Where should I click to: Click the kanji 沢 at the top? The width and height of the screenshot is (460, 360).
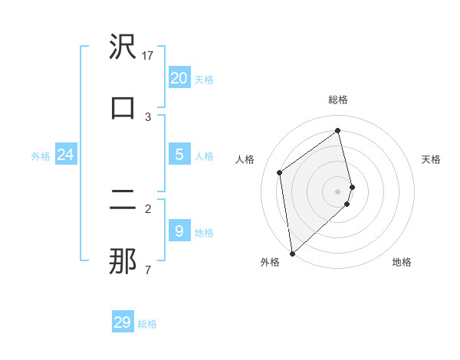coord(123,47)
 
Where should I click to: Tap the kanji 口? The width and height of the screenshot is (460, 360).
coord(123,107)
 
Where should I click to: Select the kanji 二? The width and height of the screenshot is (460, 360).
coord(123,201)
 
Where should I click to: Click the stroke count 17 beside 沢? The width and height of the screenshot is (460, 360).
coord(148,55)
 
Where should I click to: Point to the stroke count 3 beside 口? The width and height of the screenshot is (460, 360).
coord(148,116)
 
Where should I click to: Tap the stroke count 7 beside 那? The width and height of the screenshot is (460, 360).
coord(148,270)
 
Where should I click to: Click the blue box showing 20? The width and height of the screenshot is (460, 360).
coord(179,77)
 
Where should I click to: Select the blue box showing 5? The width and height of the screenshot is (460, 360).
coord(179,154)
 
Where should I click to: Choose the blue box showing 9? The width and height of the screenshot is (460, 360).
coord(179,231)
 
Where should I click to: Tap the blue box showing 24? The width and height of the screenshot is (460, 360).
coord(65,155)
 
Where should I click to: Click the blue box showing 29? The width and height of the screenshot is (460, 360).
coord(123,322)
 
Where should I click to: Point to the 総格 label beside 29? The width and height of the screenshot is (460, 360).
coord(147,324)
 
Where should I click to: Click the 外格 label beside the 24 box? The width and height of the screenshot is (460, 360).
coord(41,156)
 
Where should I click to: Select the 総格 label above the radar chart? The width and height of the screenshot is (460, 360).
coord(338,100)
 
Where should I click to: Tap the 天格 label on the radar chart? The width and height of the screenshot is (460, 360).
coord(432,159)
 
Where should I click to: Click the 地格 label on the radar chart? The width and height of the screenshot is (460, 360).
coord(402,262)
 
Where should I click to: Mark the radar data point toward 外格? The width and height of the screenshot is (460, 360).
coord(292,253)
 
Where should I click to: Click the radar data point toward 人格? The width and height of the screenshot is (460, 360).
coord(280,172)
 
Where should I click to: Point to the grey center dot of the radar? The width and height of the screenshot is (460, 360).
coord(338,191)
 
